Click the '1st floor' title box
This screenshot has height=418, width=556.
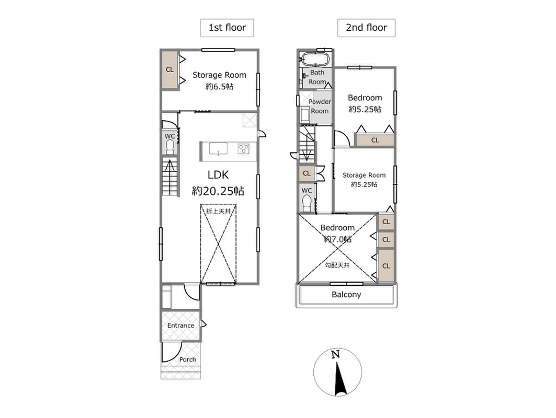tap(227, 28)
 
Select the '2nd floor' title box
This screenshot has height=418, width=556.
tap(366, 28)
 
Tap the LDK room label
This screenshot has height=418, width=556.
tap(218, 175)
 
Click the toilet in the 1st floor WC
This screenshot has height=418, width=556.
tap(170, 147)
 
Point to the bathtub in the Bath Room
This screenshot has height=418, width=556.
tap(315, 59)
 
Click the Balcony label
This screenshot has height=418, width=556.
tap(346, 295)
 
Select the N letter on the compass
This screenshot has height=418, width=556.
tap(335, 354)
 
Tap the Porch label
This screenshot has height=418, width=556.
tap(188, 359)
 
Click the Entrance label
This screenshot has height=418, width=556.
tap(181, 326)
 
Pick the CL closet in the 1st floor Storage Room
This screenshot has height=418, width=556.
tap(170, 70)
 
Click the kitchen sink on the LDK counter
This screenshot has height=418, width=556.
tap(219, 149)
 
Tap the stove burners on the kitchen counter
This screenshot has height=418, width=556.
tap(244, 148)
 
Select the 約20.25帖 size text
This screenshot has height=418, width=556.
tap(218, 191)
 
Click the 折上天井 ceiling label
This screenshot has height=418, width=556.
tap(219, 212)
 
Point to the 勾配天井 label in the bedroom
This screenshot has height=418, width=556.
tap(337, 265)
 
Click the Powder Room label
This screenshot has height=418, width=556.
tap(320, 106)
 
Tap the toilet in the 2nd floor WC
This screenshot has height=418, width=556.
tap(307, 204)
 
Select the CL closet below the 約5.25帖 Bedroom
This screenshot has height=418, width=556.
tap(375, 140)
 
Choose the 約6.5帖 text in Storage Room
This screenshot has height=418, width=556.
tap(220, 86)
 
